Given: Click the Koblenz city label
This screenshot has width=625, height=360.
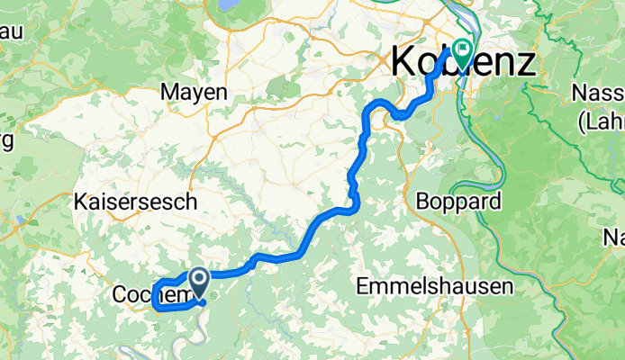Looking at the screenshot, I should pyautogui.click(x=463, y=63).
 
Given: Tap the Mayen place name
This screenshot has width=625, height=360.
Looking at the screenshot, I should pyautogui.click(x=194, y=91).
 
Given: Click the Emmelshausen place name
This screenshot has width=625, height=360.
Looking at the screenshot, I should pyautogui.click(x=434, y=287).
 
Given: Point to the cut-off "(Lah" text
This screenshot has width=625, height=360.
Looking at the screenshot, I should pyautogui.click(x=602, y=120).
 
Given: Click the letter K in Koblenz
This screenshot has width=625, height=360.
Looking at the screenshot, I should pyautogui.click(x=403, y=63).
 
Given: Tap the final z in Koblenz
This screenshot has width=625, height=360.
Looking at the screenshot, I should pyautogui.click(x=526, y=63).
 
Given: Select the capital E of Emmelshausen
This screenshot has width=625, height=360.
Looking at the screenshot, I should pyautogui.click(x=363, y=287).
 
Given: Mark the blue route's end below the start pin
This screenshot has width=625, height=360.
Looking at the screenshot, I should pyautogui.click(x=206, y=303).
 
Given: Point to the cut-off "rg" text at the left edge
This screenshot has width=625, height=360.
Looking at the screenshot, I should pyautogui.click(x=5, y=141).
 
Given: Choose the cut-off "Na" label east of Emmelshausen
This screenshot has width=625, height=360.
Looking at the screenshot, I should pyautogui.click(x=614, y=238).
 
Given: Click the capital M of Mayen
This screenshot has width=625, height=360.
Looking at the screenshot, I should pyautogui.click(x=169, y=91).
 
